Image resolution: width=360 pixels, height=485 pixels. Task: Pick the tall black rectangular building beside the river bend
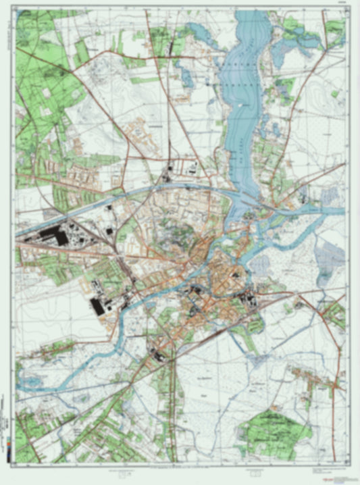click(x=97, y=305)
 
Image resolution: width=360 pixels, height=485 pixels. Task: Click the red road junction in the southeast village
click(x=335, y=386)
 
